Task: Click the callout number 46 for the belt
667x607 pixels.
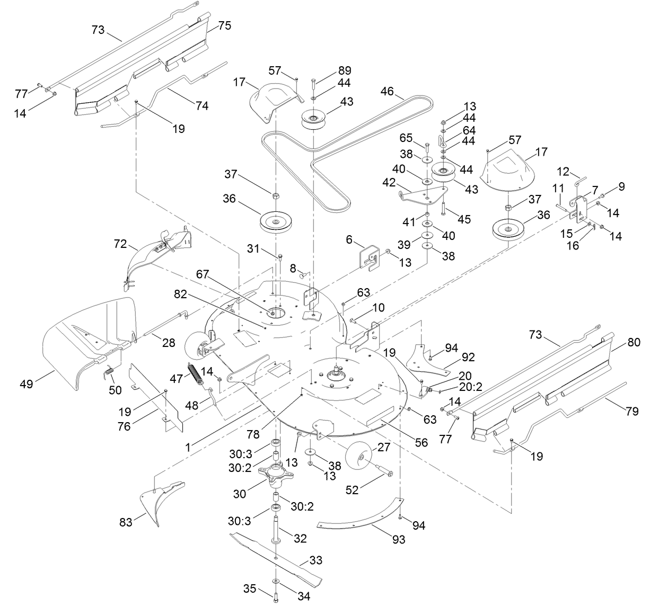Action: (x=387, y=91)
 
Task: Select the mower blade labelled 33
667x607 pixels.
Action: (x=276, y=554)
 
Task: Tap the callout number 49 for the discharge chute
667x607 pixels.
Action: (x=26, y=384)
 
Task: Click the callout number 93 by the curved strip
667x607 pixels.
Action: (x=398, y=539)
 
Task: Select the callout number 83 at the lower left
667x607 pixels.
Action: (x=126, y=523)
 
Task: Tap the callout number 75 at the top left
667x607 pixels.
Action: (x=225, y=25)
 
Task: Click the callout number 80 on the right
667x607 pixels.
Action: (x=634, y=342)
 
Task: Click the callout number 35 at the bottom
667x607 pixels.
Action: (x=250, y=588)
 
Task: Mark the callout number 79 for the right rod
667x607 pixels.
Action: (x=632, y=410)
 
